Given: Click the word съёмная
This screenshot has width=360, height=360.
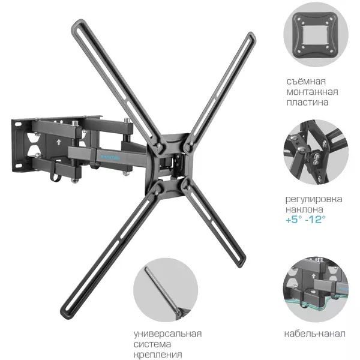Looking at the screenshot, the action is click(x=306, y=81).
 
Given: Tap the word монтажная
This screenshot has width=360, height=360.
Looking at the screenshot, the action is click(x=312, y=92).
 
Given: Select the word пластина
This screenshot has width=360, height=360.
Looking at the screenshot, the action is click(x=307, y=102).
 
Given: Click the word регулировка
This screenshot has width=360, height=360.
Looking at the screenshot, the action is click(x=314, y=199).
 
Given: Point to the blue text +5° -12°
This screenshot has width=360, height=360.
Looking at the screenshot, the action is click(x=305, y=220).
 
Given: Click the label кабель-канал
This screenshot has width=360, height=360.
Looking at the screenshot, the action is click(x=314, y=334).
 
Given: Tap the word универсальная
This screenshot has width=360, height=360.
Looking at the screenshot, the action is click(x=167, y=334).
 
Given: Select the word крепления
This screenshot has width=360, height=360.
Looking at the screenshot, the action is click(x=158, y=355).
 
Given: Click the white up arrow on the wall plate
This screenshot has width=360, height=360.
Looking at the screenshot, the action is click(x=59, y=142).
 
